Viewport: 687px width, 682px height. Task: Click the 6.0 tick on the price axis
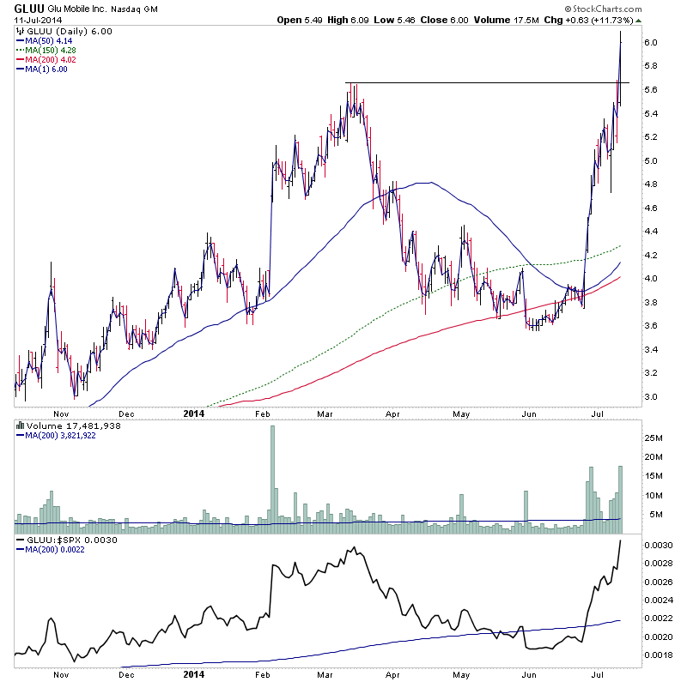650,43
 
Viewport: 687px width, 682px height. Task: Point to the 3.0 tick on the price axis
650,397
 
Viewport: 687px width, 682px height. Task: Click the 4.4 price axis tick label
650,232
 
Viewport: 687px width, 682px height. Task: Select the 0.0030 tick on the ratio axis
657,546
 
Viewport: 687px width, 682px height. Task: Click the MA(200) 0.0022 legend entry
55,550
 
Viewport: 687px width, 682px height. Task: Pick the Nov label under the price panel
59,412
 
